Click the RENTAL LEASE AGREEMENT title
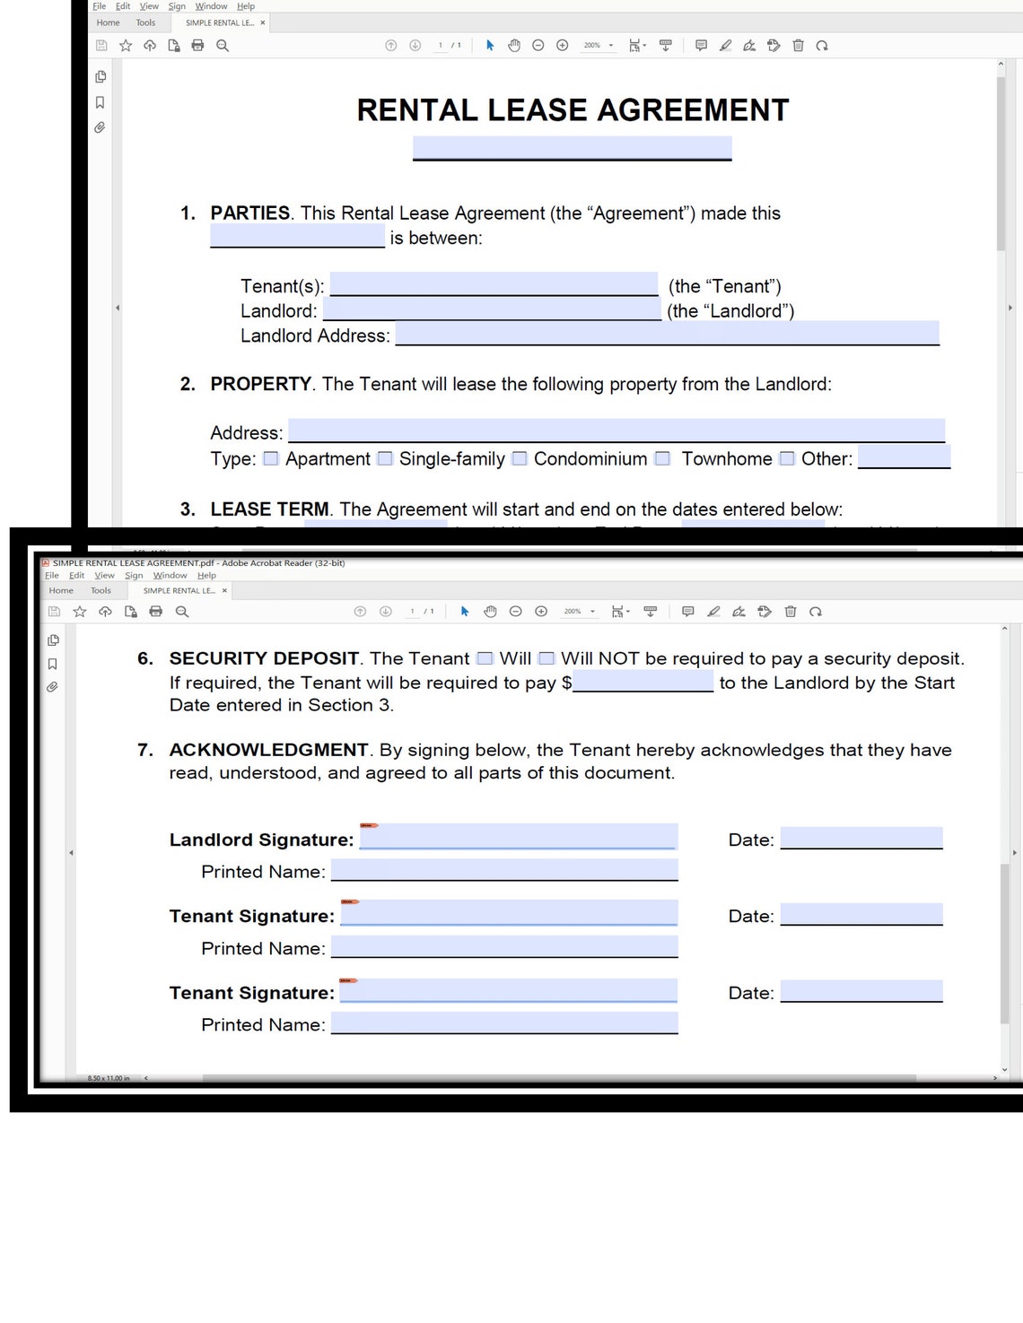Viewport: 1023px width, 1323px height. pyautogui.click(x=573, y=110)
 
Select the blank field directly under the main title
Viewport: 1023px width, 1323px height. pyautogui.click(x=572, y=148)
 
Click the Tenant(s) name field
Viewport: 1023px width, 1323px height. pyautogui.click(x=494, y=284)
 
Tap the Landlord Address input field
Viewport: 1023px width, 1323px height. pyautogui.click(x=667, y=334)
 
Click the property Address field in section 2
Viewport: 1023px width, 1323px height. pyautogui.click(x=616, y=431)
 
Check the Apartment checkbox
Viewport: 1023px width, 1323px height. pyautogui.click(x=270, y=459)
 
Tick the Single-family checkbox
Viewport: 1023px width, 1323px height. pyautogui.click(x=385, y=459)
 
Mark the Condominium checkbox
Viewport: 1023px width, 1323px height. pyautogui.click(x=520, y=459)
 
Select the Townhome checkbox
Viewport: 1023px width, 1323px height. pyautogui.click(x=662, y=459)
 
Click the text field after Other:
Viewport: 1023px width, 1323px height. pyautogui.click(x=904, y=457)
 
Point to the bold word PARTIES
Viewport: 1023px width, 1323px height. pyautogui.click(x=249, y=213)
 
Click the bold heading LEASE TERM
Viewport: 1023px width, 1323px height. pyautogui.click(x=269, y=509)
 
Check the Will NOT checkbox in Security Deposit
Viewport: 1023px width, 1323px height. pyautogui.click(x=546, y=658)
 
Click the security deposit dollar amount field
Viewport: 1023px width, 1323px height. pyautogui.click(x=643, y=682)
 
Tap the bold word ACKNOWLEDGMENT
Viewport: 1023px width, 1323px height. pyautogui.click(x=268, y=750)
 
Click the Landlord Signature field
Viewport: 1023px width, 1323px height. pyautogui.click(x=518, y=837)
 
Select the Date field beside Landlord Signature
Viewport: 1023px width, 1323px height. pyautogui.click(x=861, y=839)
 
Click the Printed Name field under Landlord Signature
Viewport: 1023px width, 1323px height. pyautogui.click(x=504, y=870)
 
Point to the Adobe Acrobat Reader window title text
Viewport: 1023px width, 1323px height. pyautogui.click(x=198, y=563)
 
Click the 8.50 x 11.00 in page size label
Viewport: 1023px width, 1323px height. pyautogui.click(x=109, y=1078)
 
